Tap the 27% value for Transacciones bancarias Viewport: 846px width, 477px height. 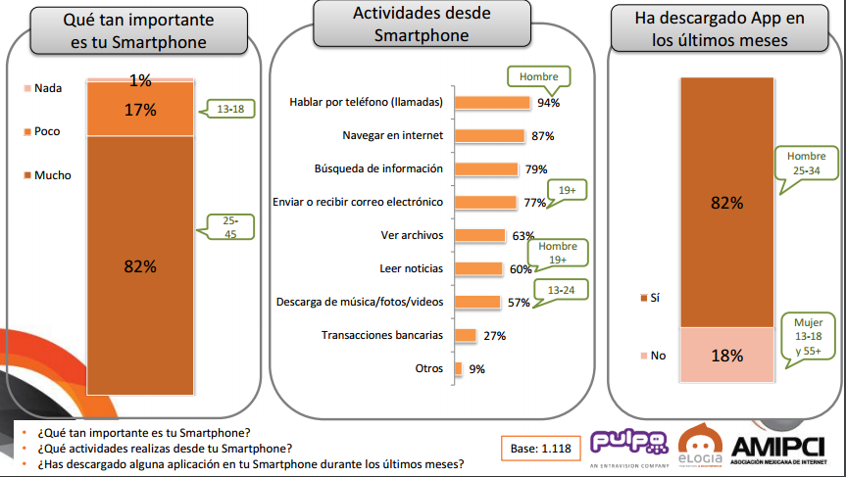(x=494, y=335)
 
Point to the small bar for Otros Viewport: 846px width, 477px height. (x=458, y=368)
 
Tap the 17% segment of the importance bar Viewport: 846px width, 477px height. (x=139, y=110)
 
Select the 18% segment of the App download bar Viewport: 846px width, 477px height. (x=726, y=355)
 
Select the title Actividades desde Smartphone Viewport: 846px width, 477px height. (x=422, y=25)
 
